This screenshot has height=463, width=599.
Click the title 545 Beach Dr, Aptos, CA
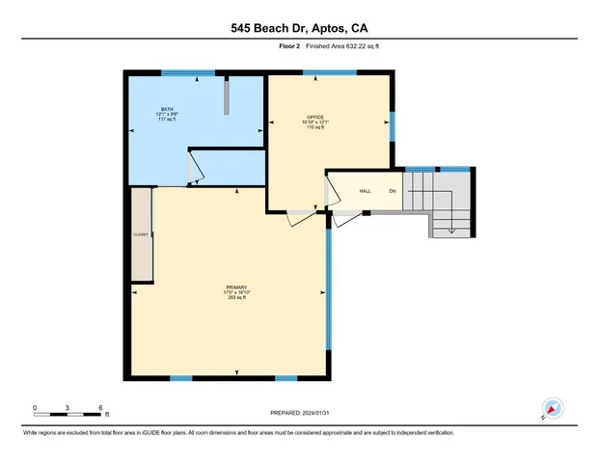[299, 29]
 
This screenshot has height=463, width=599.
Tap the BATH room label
[167, 109]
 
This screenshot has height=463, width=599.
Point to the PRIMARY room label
[236, 286]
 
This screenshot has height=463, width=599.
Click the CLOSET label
[140, 234]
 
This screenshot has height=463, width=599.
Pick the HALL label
[366, 191]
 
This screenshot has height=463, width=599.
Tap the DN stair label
[393, 191]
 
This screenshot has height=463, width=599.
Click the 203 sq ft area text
[236, 298]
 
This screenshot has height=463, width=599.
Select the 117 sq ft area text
[167, 121]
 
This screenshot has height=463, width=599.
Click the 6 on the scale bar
[100, 407]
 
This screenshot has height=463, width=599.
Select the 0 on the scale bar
[35, 407]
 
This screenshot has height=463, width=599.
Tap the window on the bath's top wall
[187, 73]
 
